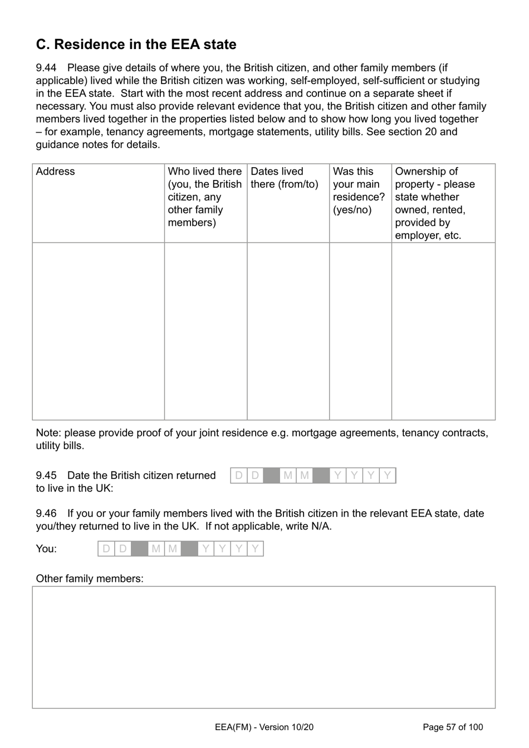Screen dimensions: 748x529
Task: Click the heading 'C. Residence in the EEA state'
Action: pyautogui.click(x=136, y=45)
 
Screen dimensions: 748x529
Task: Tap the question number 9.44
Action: pyautogui.click(x=46, y=68)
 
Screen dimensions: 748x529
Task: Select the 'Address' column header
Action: pyautogui.click(x=55, y=172)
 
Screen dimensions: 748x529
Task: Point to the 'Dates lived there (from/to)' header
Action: pyautogui.click(x=284, y=178)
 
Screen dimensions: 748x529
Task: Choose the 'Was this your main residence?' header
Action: pyautogui.click(x=359, y=191)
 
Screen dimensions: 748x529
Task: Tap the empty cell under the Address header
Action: pyautogui.click(x=98, y=331)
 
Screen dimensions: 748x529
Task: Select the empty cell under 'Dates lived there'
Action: pyautogui.click(x=288, y=331)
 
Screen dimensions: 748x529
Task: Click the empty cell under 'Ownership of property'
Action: pyautogui.click(x=443, y=331)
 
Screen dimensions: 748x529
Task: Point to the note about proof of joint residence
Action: pyautogui.click(x=262, y=439)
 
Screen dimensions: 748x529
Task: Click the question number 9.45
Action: pyautogui.click(x=46, y=475)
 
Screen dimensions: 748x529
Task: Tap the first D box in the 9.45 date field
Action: pyautogui.click(x=239, y=476)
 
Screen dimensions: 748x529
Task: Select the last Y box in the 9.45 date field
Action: pyautogui.click(x=388, y=476)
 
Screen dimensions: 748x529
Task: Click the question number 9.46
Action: pyautogui.click(x=46, y=513)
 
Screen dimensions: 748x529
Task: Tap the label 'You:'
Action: pyautogui.click(x=46, y=549)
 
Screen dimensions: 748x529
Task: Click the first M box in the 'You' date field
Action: pyautogui.click(x=156, y=549)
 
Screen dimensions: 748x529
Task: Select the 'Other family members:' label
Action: pyautogui.click(x=90, y=579)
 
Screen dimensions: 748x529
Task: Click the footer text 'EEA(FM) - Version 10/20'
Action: pyautogui.click(x=264, y=727)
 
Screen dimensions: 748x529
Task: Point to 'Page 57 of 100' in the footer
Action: pyautogui.click(x=453, y=727)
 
